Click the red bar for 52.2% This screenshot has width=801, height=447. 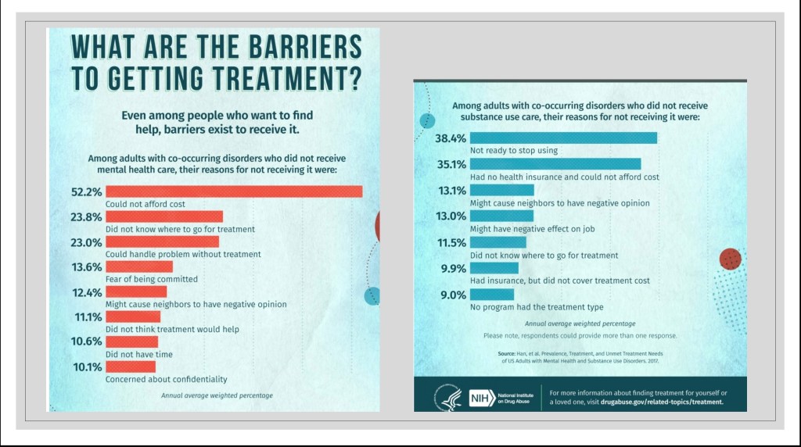(234, 191)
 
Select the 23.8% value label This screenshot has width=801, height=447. (86, 216)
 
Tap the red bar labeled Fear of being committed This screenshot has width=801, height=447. (139, 266)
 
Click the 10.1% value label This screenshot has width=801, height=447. (86, 367)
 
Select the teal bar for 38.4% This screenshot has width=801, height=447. (562, 138)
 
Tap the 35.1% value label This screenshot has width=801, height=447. (450, 164)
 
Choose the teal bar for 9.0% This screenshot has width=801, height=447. (491, 295)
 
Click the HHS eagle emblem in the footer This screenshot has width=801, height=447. (445, 399)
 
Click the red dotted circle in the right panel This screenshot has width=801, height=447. (729, 259)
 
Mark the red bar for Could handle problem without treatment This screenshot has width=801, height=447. (162, 241)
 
